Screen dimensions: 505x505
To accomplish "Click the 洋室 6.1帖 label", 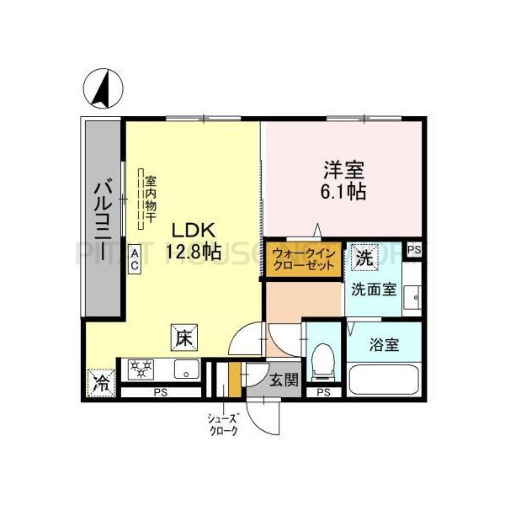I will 343,179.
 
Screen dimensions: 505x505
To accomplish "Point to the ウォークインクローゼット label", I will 305,258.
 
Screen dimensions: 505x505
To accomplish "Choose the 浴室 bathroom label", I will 384,345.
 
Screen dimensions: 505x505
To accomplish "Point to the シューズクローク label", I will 223,424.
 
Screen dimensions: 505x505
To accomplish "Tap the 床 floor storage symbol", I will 185,338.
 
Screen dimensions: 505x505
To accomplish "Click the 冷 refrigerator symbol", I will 101,383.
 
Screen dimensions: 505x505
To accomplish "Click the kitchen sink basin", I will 185,369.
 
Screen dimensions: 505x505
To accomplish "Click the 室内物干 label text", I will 150,199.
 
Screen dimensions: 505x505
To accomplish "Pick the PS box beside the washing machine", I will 413,250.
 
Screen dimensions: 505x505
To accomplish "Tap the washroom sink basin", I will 412,295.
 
